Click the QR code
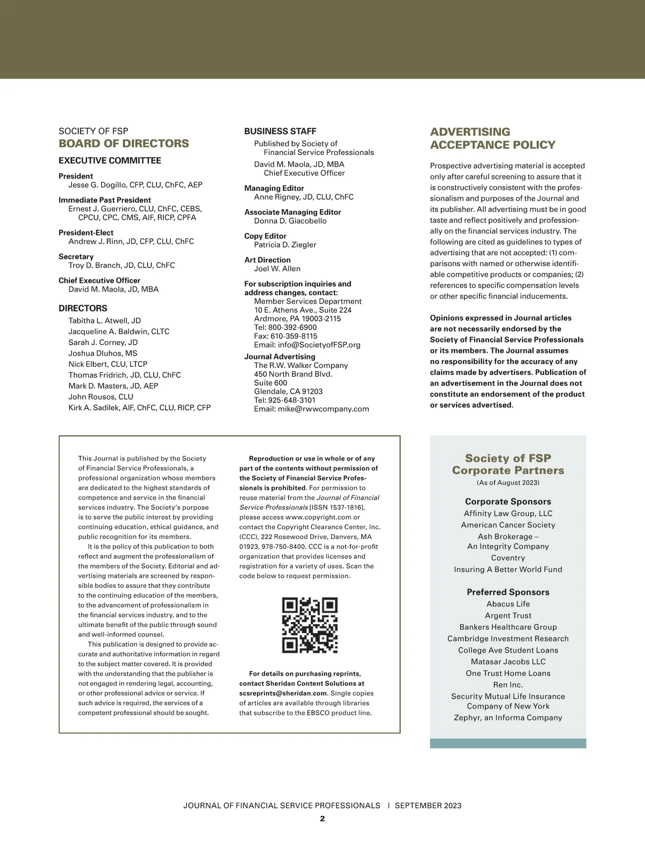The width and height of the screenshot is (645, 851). tap(310, 625)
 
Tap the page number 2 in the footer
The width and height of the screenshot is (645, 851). tap(322, 819)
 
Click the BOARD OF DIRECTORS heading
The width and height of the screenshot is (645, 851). tap(124, 144)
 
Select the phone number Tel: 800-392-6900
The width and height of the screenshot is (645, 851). tap(285, 328)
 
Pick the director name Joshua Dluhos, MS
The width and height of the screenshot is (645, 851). tap(103, 353)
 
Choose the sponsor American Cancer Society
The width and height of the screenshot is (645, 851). tap(508, 525)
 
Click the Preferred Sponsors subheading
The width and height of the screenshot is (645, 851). tap(508, 592)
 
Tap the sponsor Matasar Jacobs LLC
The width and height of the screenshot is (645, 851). tap(508, 662)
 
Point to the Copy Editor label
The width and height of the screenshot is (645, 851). tap(265, 236)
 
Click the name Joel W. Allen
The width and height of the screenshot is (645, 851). tap(277, 269)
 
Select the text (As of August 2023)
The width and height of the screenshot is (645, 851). tap(508, 483)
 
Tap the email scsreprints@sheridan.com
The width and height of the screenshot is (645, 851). tap(283, 693)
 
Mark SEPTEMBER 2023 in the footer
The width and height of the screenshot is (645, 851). tap(428, 806)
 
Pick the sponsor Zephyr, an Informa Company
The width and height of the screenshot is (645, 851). tap(508, 718)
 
